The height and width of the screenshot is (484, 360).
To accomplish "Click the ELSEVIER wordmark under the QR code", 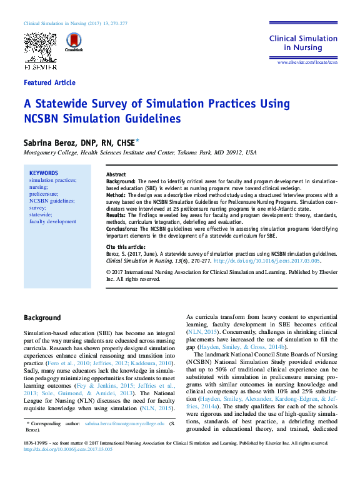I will click(x=40, y=65).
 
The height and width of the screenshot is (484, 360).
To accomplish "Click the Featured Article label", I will click(x=49, y=83).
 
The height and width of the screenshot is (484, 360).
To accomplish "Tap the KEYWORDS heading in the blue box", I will click(x=44, y=173).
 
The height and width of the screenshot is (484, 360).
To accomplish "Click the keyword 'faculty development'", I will click(x=52, y=221).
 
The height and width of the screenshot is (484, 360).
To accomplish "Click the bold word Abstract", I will click(x=116, y=174).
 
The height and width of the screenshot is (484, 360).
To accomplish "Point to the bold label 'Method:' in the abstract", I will click(x=116, y=195).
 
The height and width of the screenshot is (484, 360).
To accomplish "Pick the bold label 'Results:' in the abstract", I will click(x=117, y=215).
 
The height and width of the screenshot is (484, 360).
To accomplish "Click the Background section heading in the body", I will click(x=42, y=318).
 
